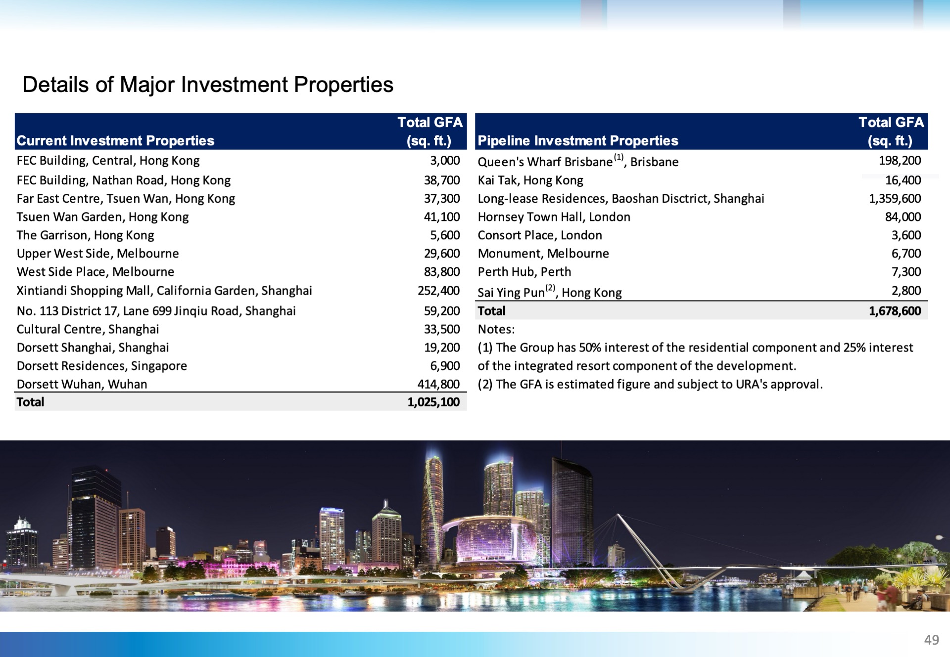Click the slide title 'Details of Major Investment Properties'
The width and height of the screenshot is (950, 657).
tap(208, 85)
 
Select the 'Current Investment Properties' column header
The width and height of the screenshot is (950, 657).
tap(115, 141)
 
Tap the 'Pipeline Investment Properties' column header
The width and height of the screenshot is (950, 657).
tap(578, 141)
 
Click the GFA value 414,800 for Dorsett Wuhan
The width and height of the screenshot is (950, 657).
tap(438, 384)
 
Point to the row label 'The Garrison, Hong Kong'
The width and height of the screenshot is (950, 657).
tap(85, 235)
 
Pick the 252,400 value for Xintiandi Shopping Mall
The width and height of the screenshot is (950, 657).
tap(438, 291)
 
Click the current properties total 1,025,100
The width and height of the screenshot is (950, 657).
tap(433, 402)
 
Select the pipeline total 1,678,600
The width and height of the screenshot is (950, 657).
tap(895, 311)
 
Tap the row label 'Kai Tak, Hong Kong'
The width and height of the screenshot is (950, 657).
tap(530, 180)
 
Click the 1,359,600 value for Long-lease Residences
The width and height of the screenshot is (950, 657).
tap(895, 199)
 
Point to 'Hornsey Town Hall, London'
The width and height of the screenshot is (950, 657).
tap(554, 217)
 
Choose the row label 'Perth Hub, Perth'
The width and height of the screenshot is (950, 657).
tap(524, 272)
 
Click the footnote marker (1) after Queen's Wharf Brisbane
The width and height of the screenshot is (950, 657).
tap(618, 157)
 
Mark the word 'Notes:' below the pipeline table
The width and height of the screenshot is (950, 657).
tap(496, 329)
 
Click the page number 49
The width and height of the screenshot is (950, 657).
tap(931, 640)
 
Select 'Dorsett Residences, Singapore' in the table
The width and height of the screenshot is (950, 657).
tap(102, 366)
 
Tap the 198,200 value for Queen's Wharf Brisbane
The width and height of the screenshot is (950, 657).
tap(900, 161)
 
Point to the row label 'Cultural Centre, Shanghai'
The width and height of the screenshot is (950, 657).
tap(88, 329)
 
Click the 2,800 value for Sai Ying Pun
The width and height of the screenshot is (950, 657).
tap(906, 291)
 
